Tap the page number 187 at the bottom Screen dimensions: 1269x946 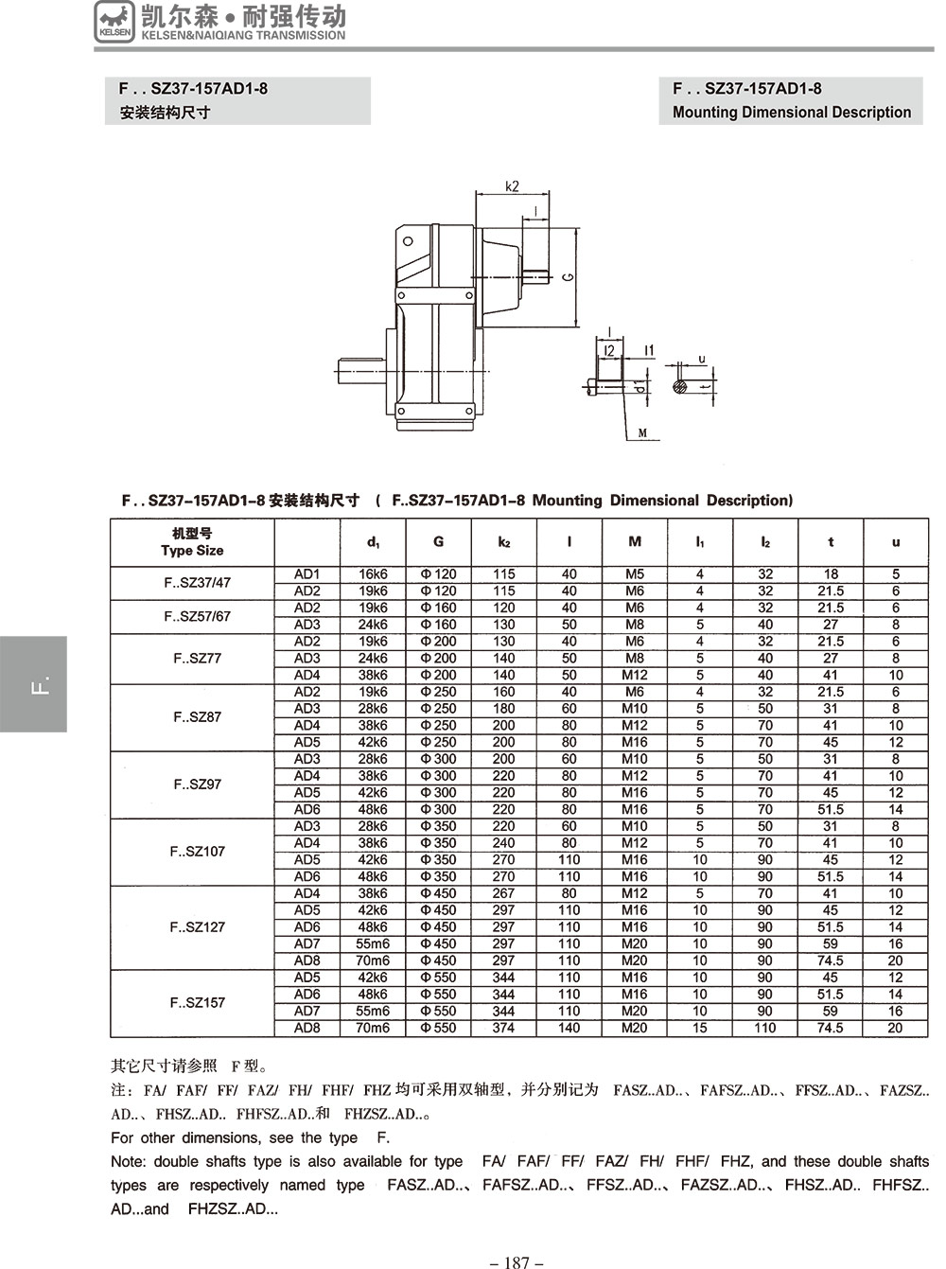(x=517, y=1261)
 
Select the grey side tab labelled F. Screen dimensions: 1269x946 (x=33, y=684)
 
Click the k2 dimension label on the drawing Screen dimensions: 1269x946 (x=512, y=185)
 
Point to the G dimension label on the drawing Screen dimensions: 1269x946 (x=567, y=276)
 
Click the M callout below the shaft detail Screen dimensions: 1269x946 (x=642, y=433)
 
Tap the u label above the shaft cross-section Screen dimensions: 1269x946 (x=701, y=359)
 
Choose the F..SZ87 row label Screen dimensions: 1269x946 (x=197, y=717)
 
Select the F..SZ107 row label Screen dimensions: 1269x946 (x=197, y=852)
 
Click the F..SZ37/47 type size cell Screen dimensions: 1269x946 (x=197, y=583)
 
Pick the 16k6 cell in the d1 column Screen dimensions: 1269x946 (x=373, y=574)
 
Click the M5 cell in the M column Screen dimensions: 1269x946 (x=635, y=574)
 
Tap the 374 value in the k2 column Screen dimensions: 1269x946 (x=503, y=1028)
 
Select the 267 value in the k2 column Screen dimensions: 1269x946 (x=503, y=893)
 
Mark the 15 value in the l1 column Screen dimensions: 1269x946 (x=700, y=1028)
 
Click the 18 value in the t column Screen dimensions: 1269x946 (x=831, y=574)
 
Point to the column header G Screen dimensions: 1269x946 (x=438, y=542)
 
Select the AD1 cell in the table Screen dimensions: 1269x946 (x=307, y=574)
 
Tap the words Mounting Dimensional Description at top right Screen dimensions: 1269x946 (x=792, y=113)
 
